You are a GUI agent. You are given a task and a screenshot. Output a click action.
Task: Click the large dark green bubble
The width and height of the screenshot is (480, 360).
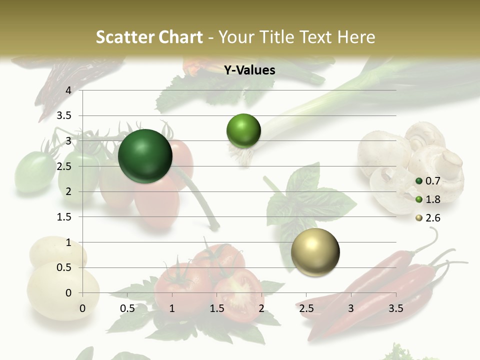(x=145, y=156)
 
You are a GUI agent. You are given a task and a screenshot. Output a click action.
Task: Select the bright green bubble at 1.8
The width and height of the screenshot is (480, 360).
(x=243, y=131)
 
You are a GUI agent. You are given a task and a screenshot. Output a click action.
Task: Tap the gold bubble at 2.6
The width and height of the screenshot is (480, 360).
(x=315, y=252)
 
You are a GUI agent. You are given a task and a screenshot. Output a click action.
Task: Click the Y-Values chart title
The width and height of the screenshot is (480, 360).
(x=249, y=70)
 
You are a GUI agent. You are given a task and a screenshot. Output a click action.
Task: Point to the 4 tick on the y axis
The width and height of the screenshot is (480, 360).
(x=68, y=90)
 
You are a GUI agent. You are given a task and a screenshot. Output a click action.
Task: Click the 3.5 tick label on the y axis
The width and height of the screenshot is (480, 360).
(x=65, y=115)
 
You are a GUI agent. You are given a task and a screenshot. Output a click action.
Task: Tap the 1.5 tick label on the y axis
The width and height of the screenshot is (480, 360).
(x=65, y=217)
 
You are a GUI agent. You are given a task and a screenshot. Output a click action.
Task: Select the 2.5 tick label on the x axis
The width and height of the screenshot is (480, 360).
(x=306, y=308)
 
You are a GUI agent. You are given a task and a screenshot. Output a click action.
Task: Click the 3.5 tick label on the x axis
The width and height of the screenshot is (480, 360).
(x=395, y=308)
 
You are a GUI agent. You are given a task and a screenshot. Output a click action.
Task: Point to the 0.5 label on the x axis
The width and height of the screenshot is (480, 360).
(x=127, y=308)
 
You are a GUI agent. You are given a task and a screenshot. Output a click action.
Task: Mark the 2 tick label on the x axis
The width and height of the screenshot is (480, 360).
(x=261, y=308)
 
